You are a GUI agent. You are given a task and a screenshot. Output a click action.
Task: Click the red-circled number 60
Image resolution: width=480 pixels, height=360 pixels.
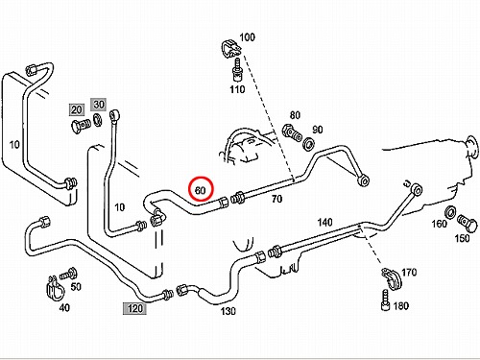click(x=200, y=190)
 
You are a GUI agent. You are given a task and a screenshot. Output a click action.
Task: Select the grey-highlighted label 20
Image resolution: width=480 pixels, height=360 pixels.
click(x=77, y=109)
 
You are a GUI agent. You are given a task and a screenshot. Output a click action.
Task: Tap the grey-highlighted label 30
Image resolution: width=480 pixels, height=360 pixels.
click(x=99, y=105)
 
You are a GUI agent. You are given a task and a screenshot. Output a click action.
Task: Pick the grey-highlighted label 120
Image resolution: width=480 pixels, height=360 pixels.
click(x=134, y=308)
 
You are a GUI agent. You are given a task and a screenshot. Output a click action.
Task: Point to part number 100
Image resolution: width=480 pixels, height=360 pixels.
click(x=247, y=37)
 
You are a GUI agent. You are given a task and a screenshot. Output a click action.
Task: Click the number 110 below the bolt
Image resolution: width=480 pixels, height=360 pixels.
click(x=237, y=89)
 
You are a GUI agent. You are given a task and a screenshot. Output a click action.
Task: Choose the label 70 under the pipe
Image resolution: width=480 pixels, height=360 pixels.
click(x=276, y=199)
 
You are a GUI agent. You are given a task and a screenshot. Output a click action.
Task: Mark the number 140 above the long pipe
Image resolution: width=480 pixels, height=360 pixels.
click(x=324, y=222)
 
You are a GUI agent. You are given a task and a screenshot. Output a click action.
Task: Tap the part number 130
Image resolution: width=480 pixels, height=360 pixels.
click(x=228, y=311)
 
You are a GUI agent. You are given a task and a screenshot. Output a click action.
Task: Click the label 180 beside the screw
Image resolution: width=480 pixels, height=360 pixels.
click(x=400, y=306)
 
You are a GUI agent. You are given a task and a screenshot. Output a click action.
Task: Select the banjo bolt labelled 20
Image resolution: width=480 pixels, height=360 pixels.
click(x=80, y=126)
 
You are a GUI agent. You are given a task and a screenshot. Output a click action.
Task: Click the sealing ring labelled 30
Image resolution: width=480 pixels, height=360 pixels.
click(x=98, y=121)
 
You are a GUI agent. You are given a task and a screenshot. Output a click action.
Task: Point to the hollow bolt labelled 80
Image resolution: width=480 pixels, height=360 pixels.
click(x=292, y=132)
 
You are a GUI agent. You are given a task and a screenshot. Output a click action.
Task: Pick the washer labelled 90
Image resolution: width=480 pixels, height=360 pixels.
click(x=308, y=143)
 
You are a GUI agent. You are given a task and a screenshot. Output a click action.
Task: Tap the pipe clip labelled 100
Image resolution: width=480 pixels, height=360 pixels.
click(x=230, y=49)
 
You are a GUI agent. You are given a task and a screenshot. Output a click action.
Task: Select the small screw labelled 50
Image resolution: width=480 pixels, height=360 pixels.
click(x=68, y=274)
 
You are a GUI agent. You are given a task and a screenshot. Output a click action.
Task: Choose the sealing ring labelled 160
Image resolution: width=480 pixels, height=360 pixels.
click(x=451, y=212)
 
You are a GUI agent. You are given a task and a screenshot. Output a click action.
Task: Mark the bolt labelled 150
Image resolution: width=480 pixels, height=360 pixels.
click(x=468, y=223)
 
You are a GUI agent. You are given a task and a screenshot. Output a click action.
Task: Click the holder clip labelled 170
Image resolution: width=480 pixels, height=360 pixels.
click(x=392, y=278)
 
